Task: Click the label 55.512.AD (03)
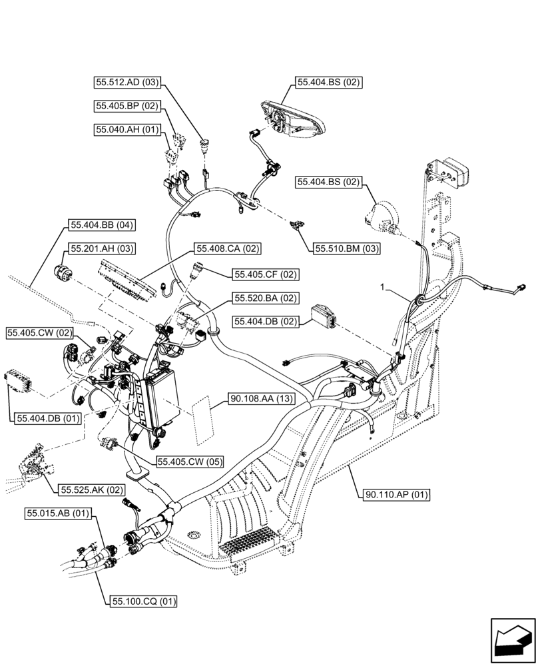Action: click(x=127, y=83)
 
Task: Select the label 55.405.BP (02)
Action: click(x=127, y=105)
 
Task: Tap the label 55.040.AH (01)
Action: click(x=127, y=129)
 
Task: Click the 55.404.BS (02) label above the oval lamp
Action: click(x=328, y=83)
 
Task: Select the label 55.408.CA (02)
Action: click(x=227, y=248)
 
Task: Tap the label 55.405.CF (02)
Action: click(x=266, y=274)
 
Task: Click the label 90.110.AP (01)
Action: click(x=398, y=494)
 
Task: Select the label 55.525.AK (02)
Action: click(x=91, y=490)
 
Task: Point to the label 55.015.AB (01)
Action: click(x=59, y=513)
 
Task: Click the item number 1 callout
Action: click(x=384, y=287)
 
